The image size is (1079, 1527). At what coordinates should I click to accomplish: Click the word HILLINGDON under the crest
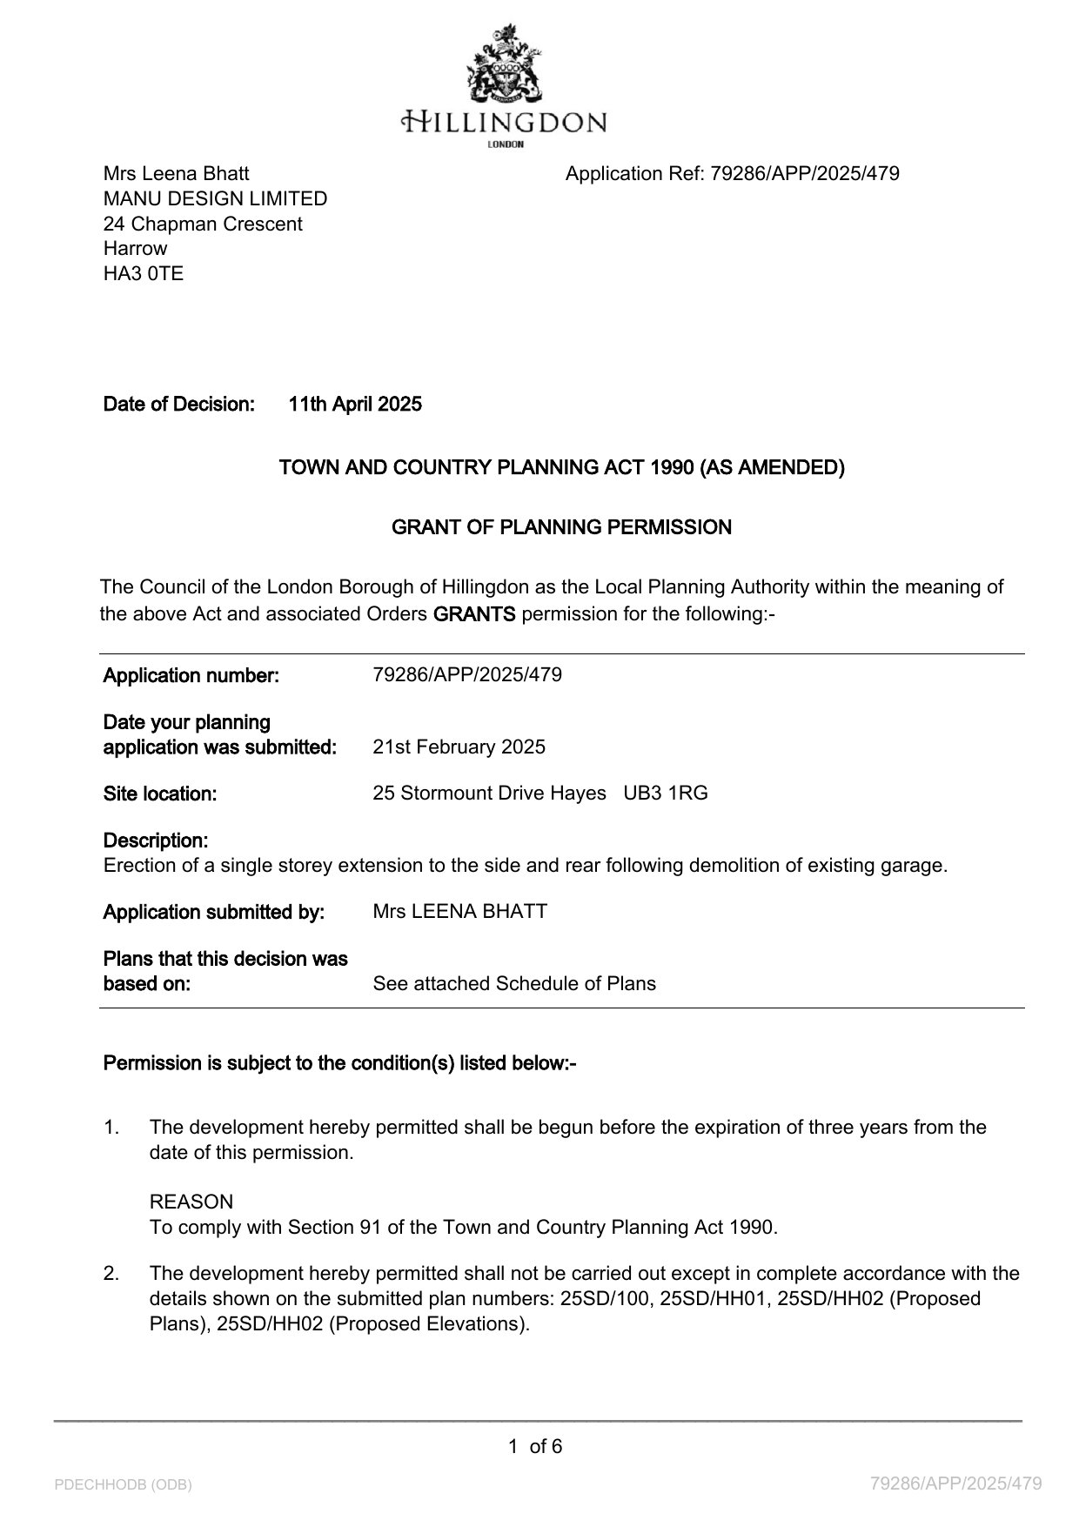[x=505, y=121]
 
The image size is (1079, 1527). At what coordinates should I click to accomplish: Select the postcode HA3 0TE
[x=144, y=273]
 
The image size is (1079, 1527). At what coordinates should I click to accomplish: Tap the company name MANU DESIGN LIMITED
[x=215, y=198]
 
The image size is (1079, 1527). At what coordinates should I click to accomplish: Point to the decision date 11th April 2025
[x=355, y=404]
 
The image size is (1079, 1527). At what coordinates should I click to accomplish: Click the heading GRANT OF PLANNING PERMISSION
[x=561, y=527]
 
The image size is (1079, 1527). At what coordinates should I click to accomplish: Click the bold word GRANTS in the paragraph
[x=474, y=614]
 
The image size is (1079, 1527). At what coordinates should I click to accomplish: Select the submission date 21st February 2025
[x=459, y=747]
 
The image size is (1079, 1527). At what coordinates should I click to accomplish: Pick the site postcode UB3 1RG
[x=666, y=794]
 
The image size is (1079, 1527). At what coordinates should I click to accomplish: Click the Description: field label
[x=156, y=841]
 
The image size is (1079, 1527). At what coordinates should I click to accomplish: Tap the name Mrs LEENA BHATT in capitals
[x=459, y=912]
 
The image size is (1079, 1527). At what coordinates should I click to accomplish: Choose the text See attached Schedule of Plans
[x=514, y=983]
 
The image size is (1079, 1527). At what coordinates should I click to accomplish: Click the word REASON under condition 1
[x=191, y=1202]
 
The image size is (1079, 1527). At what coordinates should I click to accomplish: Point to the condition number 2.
[x=111, y=1273]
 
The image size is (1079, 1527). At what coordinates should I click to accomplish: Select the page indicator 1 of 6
[x=535, y=1446]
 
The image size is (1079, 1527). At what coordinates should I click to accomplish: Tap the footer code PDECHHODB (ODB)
[x=123, y=1484]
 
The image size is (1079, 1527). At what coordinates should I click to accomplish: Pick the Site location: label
[x=160, y=794]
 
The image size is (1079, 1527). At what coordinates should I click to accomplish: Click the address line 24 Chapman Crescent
[x=203, y=224]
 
